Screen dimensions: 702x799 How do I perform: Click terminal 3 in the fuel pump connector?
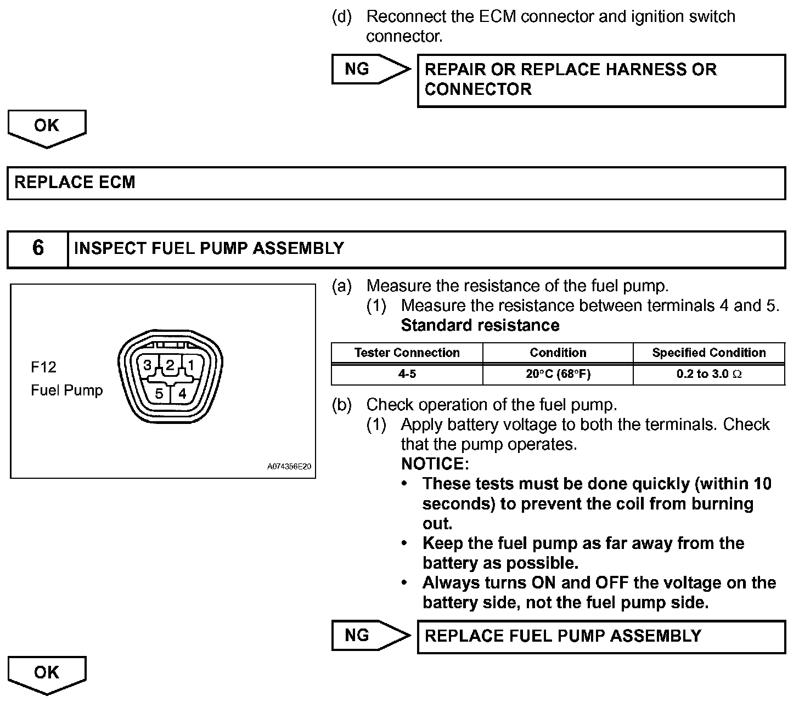[x=147, y=365]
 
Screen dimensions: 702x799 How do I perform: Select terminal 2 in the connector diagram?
[x=170, y=365]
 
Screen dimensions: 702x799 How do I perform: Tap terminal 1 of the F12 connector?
[x=191, y=365]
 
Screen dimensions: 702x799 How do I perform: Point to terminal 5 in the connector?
[x=159, y=393]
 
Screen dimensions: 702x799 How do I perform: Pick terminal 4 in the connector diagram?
[x=182, y=393]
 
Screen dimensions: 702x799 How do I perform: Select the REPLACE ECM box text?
[x=75, y=182]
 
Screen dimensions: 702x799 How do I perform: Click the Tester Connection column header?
[x=407, y=353]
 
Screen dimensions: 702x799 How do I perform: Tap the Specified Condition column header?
[x=708, y=353]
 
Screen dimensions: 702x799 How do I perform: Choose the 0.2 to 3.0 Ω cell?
[x=708, y=374]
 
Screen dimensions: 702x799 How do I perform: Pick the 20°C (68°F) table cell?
[x=558, y=374]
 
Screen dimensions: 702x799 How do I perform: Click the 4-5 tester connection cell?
[x=407, y=374]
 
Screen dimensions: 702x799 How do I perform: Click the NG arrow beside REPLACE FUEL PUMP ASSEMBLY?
[x=370, y=635]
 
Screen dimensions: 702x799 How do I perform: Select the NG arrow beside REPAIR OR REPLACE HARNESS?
[x=370, y=69]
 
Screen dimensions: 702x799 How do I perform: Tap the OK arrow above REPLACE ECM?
[x=47, y=127]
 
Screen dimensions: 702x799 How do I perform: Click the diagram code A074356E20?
[x=289, y=467]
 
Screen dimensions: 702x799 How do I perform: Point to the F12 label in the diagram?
[x=43, y=366]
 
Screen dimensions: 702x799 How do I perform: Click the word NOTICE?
[x=435, y=464]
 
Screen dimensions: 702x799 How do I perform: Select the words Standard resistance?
[x=480, y=325]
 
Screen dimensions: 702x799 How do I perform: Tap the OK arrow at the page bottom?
[x=47, y=673]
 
